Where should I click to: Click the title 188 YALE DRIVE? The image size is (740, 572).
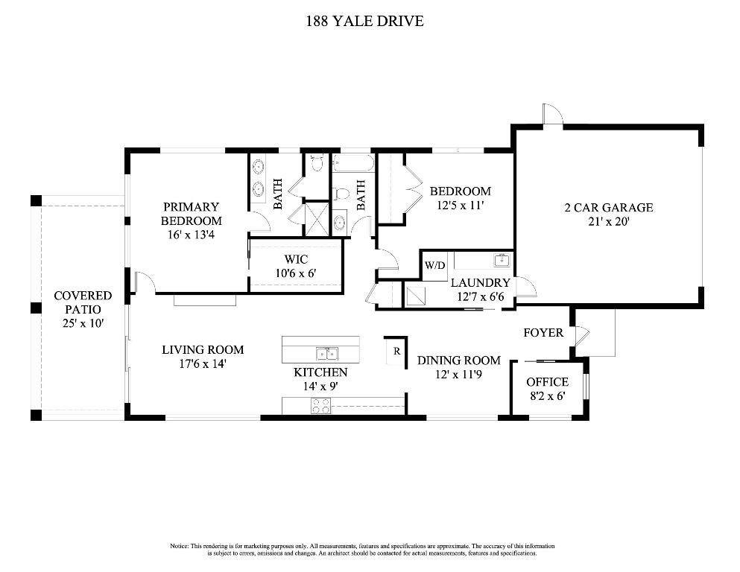click(364, 22)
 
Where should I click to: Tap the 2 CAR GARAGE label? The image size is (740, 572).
click(608, 208)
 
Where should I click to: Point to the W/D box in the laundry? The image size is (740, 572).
click(434, 265)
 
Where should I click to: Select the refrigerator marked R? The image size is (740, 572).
click(396, 351)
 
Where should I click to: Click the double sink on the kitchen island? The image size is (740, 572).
click(326, 354)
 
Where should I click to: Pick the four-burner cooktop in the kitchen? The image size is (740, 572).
click(320, 406)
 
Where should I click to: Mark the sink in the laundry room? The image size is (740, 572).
click(502, 260)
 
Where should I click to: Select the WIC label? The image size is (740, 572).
click(295, 260)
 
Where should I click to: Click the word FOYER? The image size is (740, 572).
click(543, 332)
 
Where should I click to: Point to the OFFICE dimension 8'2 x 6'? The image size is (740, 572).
click(547, 396)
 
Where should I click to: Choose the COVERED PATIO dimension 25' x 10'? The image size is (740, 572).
click(83, 323)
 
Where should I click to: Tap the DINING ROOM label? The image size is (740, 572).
click(458, 360)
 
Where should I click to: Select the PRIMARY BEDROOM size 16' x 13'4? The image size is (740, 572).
click(192, 235)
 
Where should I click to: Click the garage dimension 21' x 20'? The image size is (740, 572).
click(608, 221)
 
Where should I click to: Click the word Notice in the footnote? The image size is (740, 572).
click(180, 547)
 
